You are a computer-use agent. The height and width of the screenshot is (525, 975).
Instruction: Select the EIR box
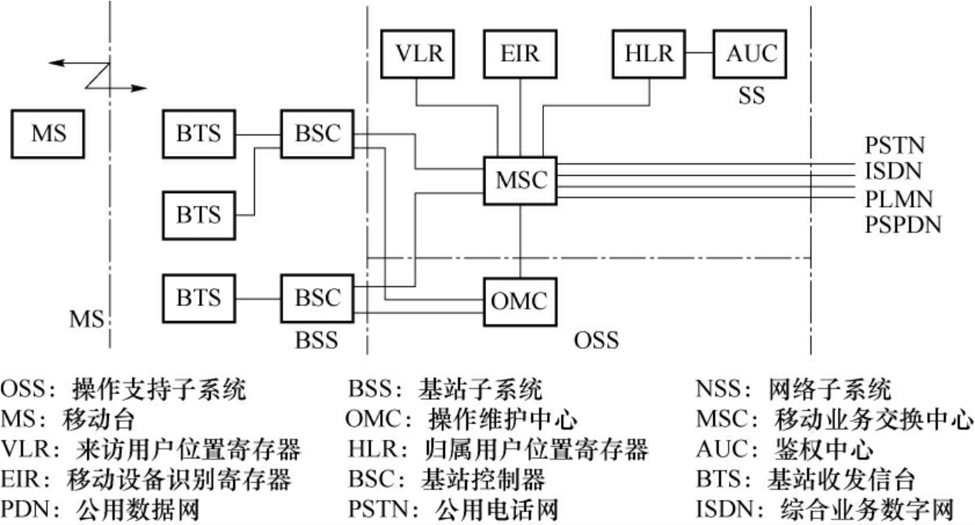518,55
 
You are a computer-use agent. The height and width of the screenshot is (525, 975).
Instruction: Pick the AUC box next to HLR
749,55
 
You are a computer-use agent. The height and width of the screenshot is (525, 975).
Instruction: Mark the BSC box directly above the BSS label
317,298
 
